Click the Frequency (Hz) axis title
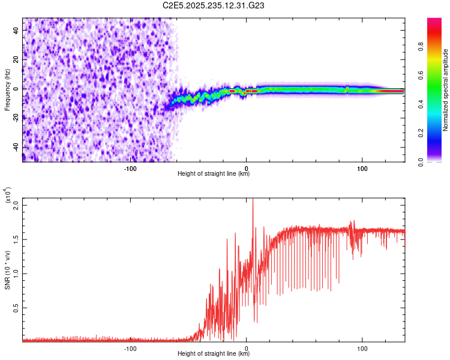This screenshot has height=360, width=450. (7, 89)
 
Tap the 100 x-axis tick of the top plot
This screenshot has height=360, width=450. (362, 168)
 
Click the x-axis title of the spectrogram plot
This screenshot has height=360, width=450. (214, 174)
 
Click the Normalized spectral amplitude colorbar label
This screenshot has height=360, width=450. (445, 90)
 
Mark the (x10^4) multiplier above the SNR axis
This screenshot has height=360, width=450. (9, 196)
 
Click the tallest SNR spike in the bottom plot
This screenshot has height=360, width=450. (253, 200)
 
